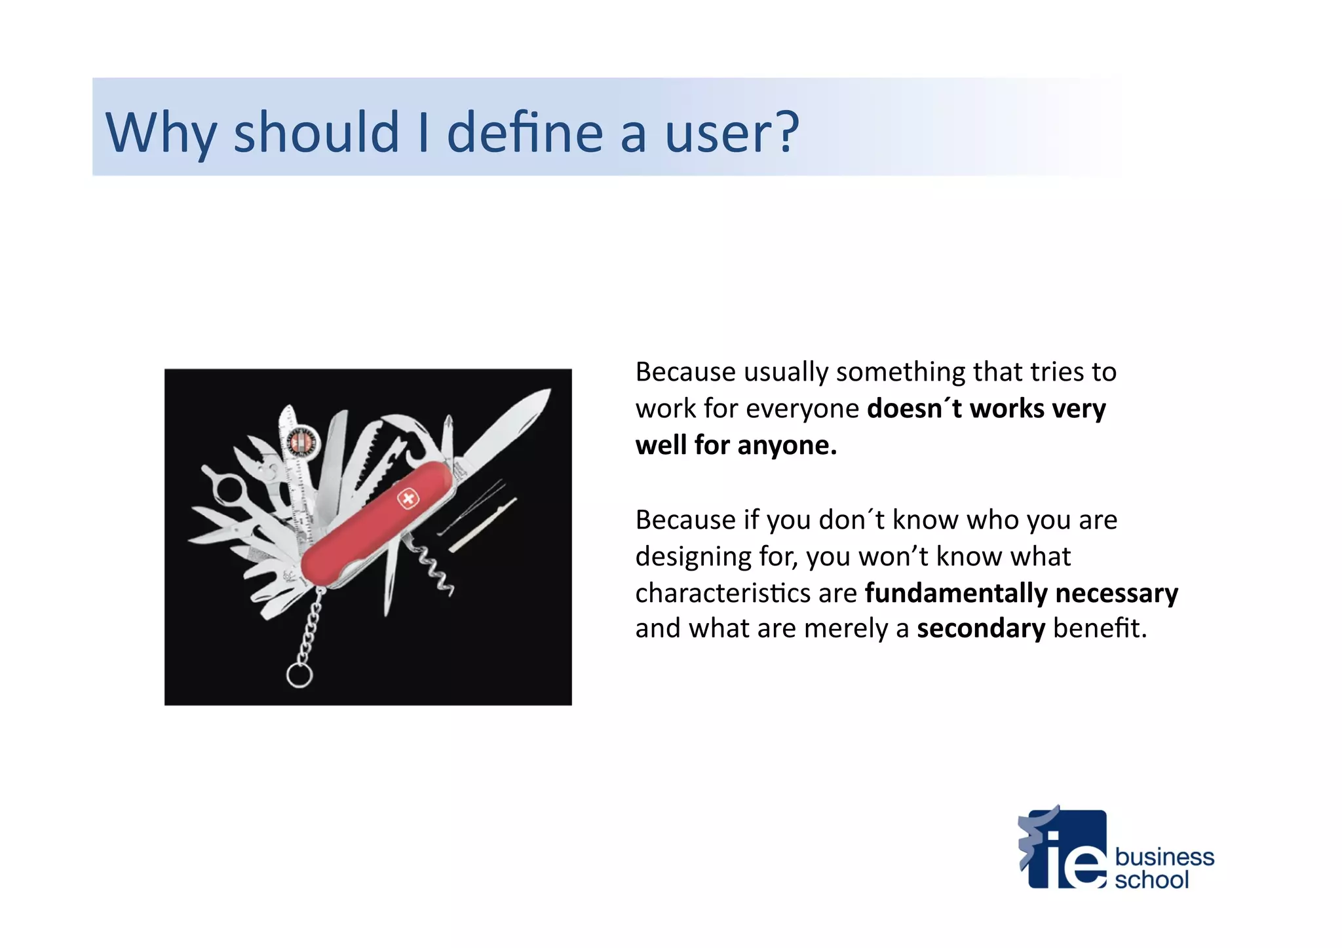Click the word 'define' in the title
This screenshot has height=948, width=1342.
(524, 132)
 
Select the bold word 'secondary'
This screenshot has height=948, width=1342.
(980, 629)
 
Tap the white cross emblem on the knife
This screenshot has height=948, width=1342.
(407, 500)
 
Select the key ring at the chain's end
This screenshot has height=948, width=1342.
(299, 675)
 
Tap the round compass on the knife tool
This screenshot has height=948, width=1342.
(303, 441)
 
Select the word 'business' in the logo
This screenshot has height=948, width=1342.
(1164, 857)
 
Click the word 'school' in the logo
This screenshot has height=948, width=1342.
(1151, 880)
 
